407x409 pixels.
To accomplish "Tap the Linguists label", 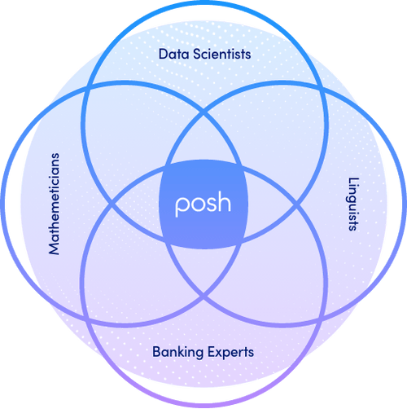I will point(352,204).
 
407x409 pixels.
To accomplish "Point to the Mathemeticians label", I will point(55,204).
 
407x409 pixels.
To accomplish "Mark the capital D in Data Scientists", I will point(162,55).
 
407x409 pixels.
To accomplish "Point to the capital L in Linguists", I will point(352,180).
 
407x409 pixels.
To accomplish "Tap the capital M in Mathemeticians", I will point(55,250).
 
